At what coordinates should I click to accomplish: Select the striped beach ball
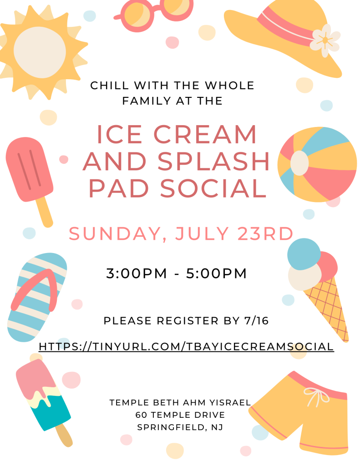(317, 164)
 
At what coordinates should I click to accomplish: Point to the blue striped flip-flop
(36, 297)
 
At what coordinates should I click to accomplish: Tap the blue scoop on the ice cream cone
(304, 254)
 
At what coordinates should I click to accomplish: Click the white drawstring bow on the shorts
(316, 396)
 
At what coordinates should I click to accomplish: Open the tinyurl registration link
(187, 346)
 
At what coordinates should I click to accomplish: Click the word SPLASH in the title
(213, 162)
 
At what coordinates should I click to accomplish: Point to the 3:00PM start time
(137, 274)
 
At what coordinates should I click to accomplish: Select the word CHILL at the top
(110, 86)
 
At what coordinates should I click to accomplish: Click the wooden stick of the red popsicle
(45, 212)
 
